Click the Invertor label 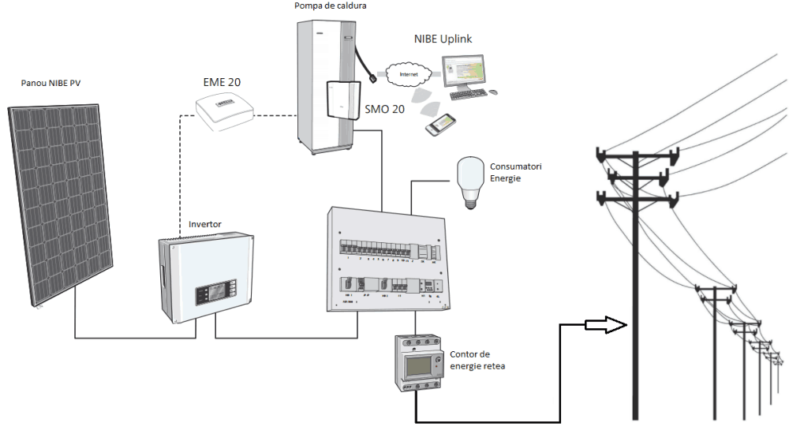coord(205,224)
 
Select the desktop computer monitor coord(472,72)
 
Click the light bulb coord(470,181)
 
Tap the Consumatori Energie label coord(515,172)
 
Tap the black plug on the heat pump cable coord(370,79)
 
